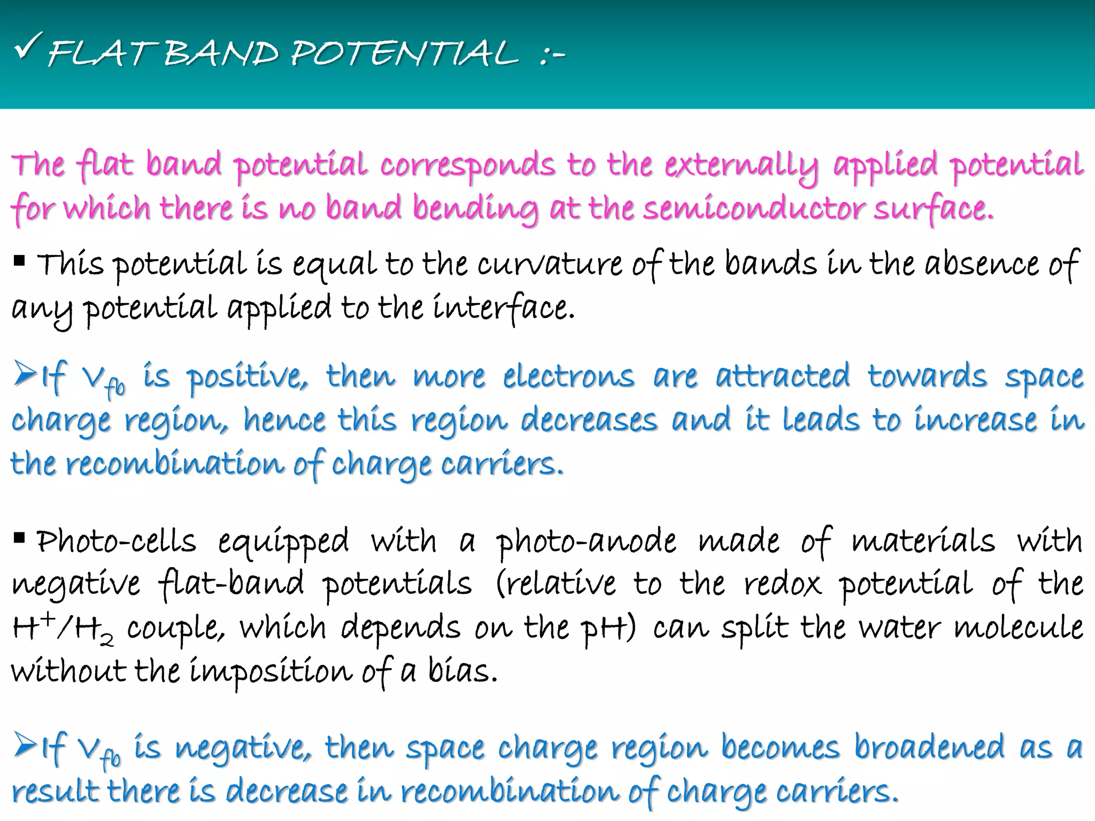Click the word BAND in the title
(x=221, y=54)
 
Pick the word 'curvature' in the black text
(x=550, y=265)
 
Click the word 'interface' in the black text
(x=503, y=309)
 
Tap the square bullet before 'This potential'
(x=19, y=261)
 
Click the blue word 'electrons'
(x=569, y=377)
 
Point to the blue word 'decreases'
(x=589, y=421)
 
